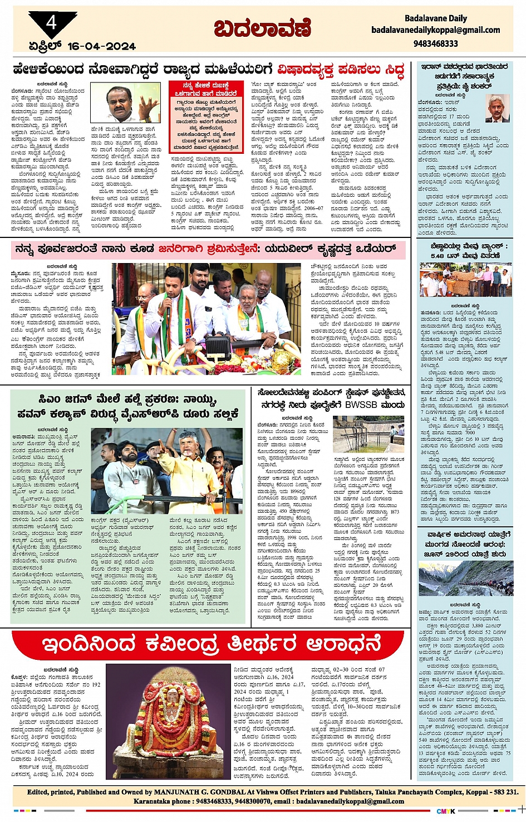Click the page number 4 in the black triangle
[x=51, y=23]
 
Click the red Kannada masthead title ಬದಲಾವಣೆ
[x=262, y=27]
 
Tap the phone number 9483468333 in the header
[x=435, y=43]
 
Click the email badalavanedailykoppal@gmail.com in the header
[x=435, y=30]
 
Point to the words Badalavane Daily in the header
[x=435, y=18]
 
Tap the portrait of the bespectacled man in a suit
[x=496, y=108]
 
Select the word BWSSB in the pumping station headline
[x=364, y=405]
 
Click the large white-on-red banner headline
[x=212, y=644]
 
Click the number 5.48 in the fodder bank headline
[x=437, y=256]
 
